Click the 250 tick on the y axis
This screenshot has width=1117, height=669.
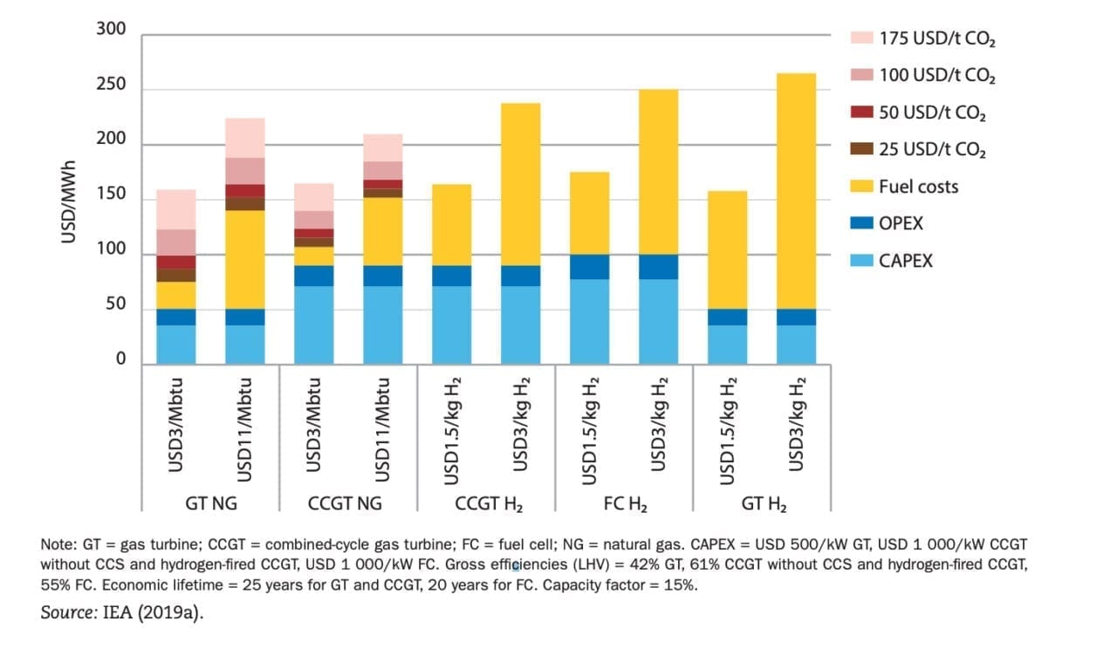point(110,85)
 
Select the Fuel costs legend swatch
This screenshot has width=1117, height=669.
point(860,187)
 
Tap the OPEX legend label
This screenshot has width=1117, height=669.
point(901,224)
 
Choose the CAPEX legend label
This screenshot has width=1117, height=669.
point(905,261)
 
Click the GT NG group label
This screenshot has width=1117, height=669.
point(209,504)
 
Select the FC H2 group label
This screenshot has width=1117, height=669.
point(625,504)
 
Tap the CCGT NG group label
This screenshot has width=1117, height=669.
point(348,504)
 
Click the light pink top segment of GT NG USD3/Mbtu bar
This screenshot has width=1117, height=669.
point(175,209)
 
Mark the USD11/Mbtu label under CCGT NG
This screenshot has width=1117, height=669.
point(382,428)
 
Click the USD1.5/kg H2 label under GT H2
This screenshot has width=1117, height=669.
point(728,430)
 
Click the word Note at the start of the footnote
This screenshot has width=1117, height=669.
point(58,544)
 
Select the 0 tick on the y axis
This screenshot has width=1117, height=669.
point(120,360)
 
